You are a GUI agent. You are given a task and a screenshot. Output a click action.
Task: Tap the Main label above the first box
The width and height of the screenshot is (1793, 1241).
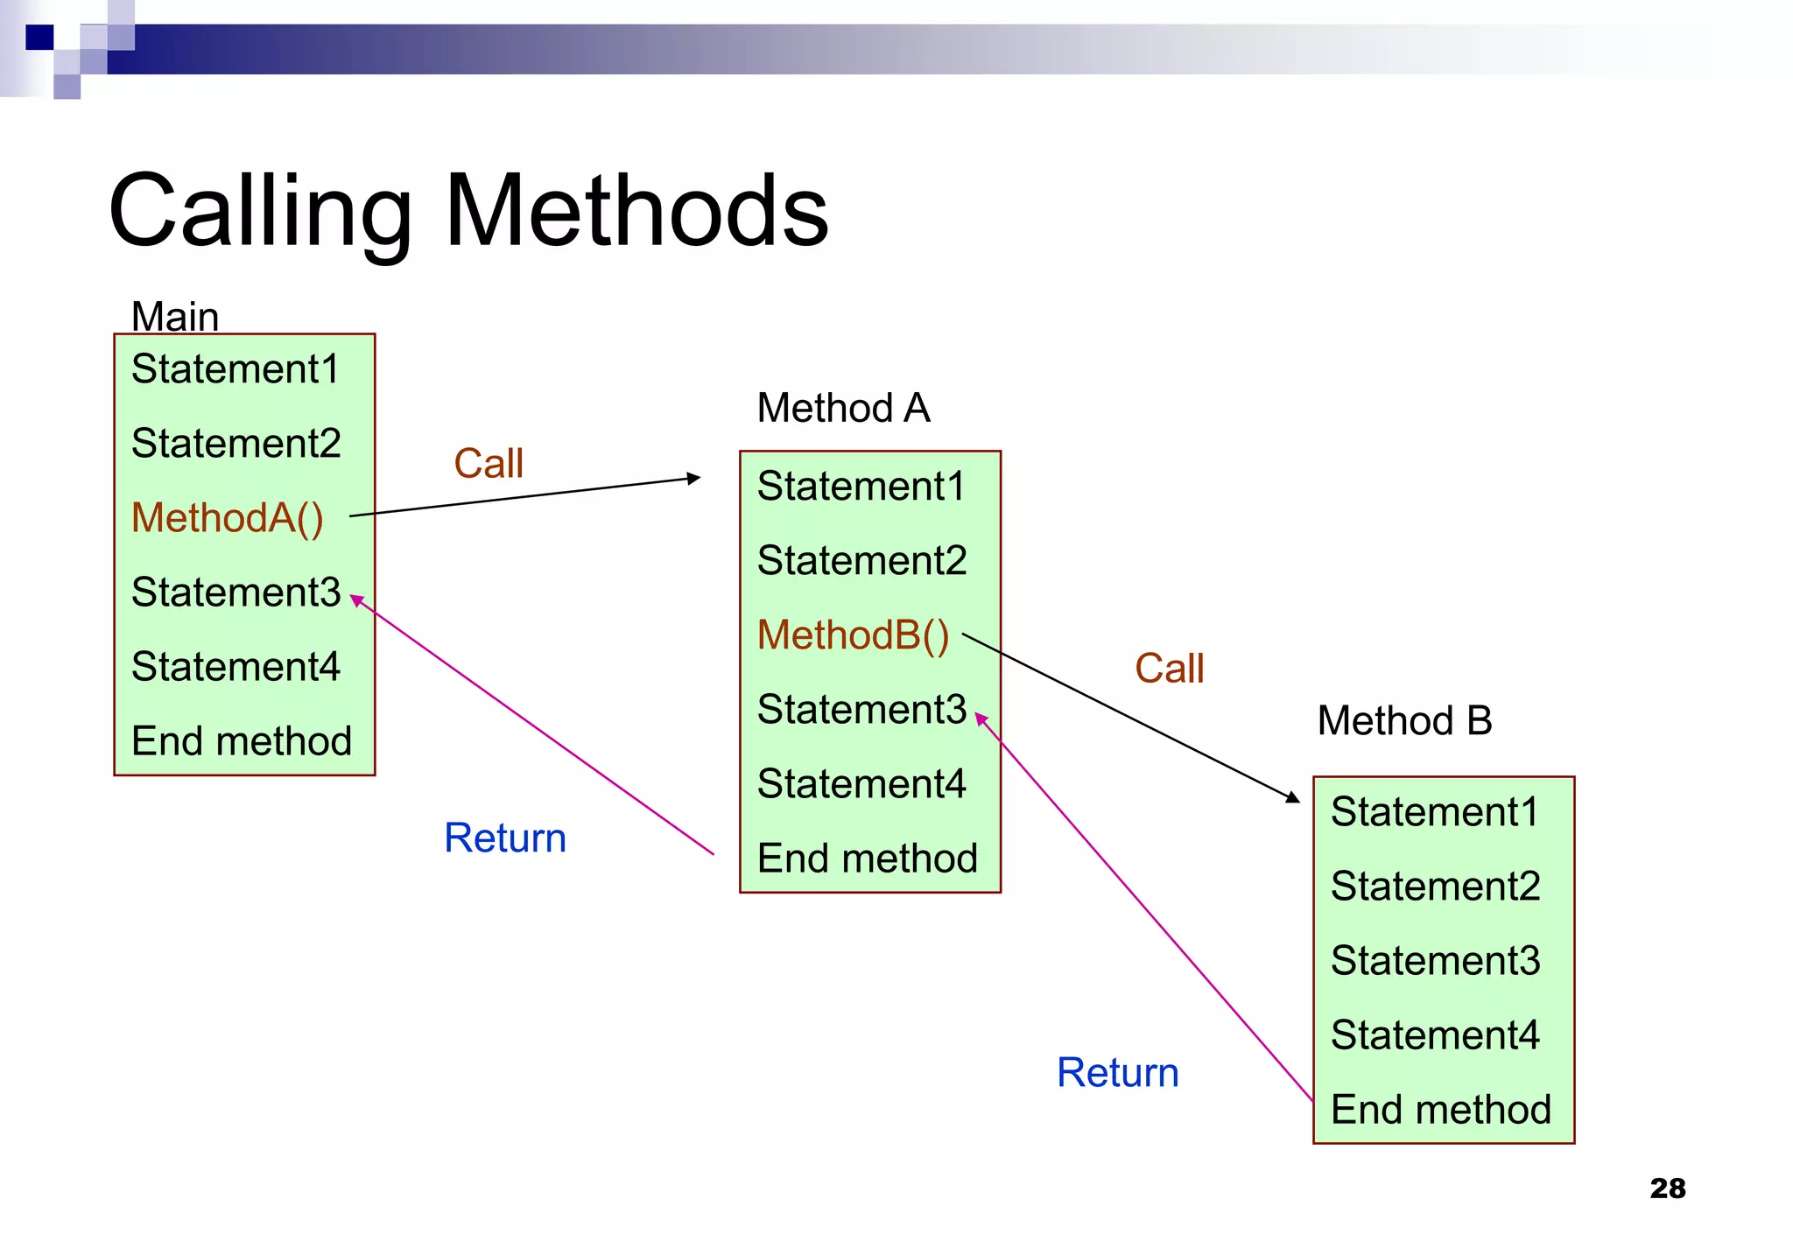(x=175, y=316)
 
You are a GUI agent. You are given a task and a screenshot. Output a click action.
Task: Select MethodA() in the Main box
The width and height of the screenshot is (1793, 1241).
(x=228, y=517)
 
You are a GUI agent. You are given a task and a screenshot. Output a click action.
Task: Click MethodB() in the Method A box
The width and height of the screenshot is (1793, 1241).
(x=854, y=635)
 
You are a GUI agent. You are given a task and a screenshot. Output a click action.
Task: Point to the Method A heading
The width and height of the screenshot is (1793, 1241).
(x=843, y=408)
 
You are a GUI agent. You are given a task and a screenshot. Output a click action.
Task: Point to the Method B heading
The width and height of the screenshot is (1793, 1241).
(x=1404, y=721)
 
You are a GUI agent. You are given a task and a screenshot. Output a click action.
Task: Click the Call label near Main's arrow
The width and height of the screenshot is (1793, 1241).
(x=489, y=463)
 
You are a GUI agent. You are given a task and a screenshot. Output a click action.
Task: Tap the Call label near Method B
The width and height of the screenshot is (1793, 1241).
(x=1169, y=669)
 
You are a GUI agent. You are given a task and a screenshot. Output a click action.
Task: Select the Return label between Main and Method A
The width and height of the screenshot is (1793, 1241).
(x=505, y=838)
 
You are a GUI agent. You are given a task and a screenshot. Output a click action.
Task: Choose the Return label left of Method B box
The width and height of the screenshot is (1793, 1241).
(x=1118, y=1072)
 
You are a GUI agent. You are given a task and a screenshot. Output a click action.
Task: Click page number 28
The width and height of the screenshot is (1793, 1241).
(x=1667, y=1188)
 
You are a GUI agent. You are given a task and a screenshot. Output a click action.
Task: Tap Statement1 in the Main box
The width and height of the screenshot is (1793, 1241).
(x=235, y=368)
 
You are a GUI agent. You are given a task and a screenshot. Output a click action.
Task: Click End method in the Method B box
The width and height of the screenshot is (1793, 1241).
(x=1441, y=1110)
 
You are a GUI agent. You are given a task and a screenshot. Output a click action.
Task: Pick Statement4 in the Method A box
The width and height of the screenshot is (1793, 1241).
(x=861, y=783)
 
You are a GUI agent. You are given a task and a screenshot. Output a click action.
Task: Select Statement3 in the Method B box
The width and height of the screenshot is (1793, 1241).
(x=1435, y=960)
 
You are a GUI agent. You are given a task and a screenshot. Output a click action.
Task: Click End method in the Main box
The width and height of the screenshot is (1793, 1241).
(x=242, y=741)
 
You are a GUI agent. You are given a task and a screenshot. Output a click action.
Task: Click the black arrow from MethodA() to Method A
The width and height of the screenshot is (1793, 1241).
(x=525, y=496)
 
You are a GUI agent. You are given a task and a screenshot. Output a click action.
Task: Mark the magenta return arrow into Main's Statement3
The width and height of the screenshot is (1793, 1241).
(x=534, y=726)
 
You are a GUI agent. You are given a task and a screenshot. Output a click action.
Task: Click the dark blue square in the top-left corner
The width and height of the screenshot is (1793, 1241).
(x=39, y=37)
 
